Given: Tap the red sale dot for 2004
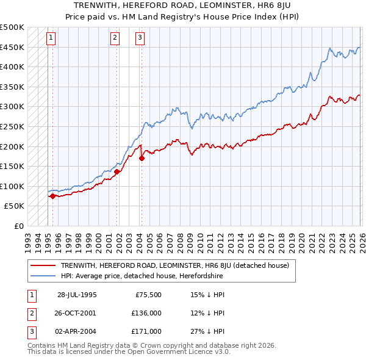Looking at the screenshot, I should click(x=142, y=158).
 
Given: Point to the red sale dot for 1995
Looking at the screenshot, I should click(x=53, y=196).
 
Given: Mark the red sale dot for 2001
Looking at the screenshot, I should click(x=116, y=172).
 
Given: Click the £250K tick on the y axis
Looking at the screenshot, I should click(x=12, y=126).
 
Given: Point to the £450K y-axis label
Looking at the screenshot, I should click(x=12, y=47).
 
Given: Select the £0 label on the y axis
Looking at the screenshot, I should click(x=18, y=226).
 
